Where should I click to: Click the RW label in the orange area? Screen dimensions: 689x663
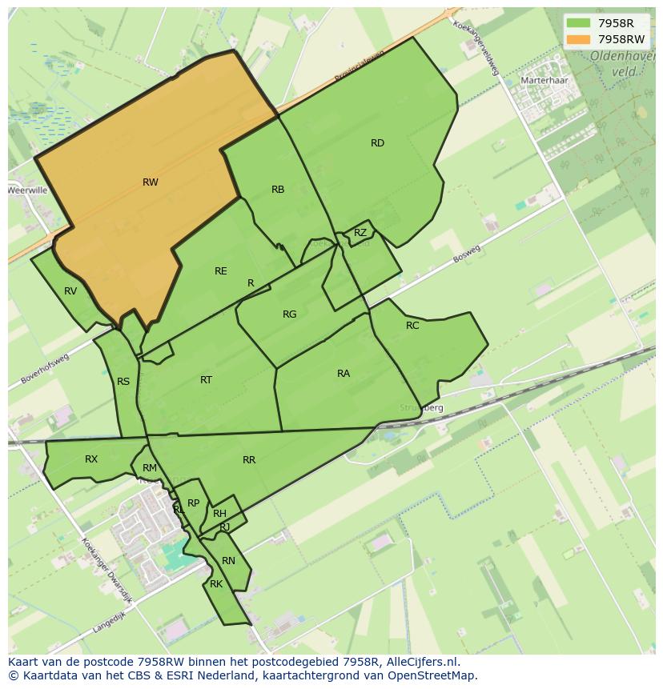150,182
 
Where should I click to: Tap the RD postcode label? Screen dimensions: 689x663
377,143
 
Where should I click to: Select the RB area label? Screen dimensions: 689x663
278,190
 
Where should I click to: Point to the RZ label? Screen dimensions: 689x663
360,233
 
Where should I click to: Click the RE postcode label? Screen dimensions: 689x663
221,271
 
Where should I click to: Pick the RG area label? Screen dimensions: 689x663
290,314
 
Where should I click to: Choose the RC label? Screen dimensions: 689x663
412,326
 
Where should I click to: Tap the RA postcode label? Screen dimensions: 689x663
344,374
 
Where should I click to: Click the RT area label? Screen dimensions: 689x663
207,380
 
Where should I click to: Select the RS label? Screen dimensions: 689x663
123,382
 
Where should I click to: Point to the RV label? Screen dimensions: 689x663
70,291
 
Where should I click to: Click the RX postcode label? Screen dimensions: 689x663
91,459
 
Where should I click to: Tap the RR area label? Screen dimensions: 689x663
249,460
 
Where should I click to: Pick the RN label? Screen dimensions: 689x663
228,561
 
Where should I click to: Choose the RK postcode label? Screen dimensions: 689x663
216,584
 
